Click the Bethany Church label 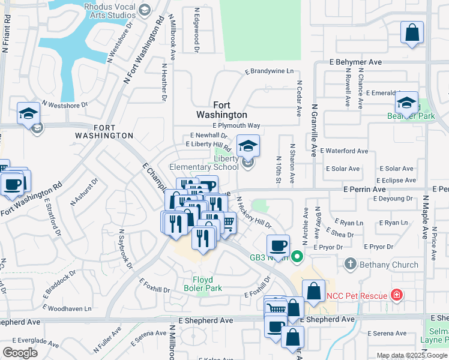388,265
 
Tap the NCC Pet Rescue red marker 396,295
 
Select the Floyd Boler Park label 207,284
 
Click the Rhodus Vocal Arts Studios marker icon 145,10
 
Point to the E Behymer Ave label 356,62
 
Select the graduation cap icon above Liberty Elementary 247,145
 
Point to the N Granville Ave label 313,130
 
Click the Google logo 20,353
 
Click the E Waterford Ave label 344,151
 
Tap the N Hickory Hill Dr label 253,212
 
